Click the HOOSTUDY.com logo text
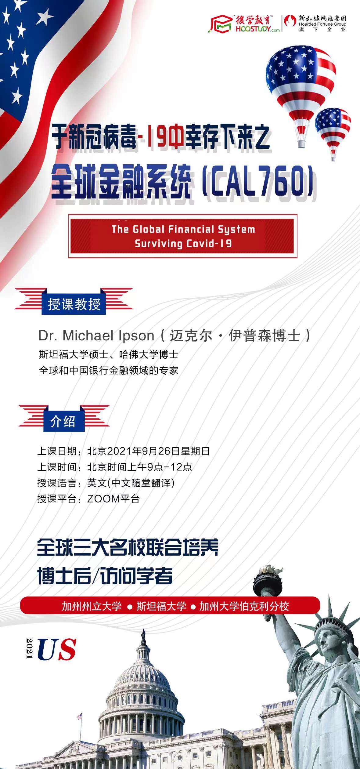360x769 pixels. pos(257,29)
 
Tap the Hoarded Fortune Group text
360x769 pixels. pos(322,24)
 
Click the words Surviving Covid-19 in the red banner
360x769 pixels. pos(183,244)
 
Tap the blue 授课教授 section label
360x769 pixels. pos(74,304)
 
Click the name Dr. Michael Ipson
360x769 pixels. pos(96,336)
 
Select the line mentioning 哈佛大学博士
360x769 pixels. pos(109,355)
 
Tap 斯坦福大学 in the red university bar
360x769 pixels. pos(161,606)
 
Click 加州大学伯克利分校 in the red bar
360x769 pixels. pos(244,606)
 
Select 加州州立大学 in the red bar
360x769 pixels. pos(92,606)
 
